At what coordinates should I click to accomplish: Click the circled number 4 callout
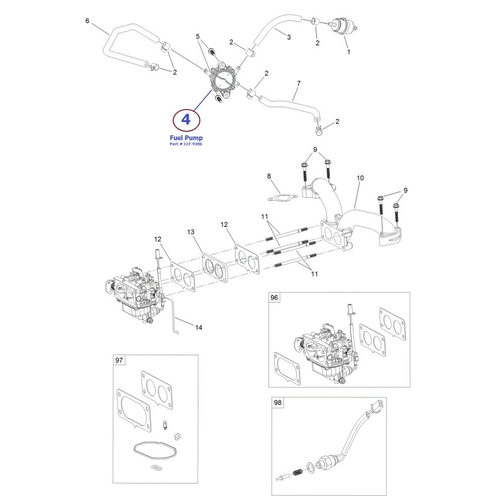(187, 120)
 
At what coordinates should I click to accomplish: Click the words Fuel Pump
(186, 138)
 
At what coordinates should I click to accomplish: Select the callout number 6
(87, 21)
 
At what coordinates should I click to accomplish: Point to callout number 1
(348, 52)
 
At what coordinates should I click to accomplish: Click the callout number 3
(288, 37)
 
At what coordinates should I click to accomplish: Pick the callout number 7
(299, 84)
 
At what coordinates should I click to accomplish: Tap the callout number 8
(269, 176)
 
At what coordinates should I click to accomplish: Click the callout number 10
(360, 178)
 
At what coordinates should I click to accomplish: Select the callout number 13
(190, 232)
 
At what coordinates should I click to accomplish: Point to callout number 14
(198, 327)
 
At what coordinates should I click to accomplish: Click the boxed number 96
(274, 298)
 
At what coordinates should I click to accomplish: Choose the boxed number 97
(119, 360)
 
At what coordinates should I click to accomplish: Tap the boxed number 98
(277, 402)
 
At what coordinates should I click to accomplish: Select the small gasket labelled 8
(283, 198)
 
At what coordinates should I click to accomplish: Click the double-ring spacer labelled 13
(215, 268)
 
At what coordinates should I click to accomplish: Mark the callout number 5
(198, 37)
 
